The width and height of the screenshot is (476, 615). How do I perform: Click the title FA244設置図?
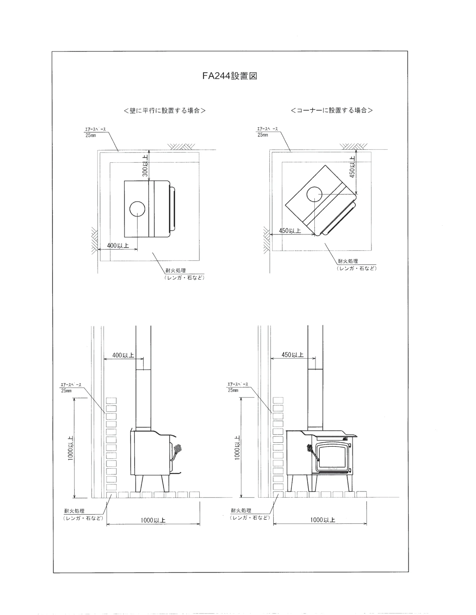click(230, 76)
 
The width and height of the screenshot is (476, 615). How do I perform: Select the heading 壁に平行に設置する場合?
click(165, 110)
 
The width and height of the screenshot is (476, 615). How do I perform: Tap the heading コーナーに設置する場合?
click(332, 110)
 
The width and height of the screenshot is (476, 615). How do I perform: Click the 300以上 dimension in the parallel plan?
click(145, 166)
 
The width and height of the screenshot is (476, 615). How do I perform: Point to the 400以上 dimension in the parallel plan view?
click(118, 245)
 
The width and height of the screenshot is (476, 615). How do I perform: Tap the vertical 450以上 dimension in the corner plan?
click(352, 167)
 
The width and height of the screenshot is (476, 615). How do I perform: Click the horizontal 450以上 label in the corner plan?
click(290, 231)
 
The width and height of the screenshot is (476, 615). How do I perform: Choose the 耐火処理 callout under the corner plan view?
click(356, 265)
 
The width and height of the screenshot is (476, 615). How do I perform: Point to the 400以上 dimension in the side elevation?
click(123, 355)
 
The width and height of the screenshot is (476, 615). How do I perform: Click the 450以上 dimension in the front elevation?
click(292, 354)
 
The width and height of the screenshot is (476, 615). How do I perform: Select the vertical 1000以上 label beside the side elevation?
click(70, 448)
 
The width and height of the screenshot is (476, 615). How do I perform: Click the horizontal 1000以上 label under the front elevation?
click(323, 520)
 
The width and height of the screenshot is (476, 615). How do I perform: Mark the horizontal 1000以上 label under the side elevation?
click(153, 520)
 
